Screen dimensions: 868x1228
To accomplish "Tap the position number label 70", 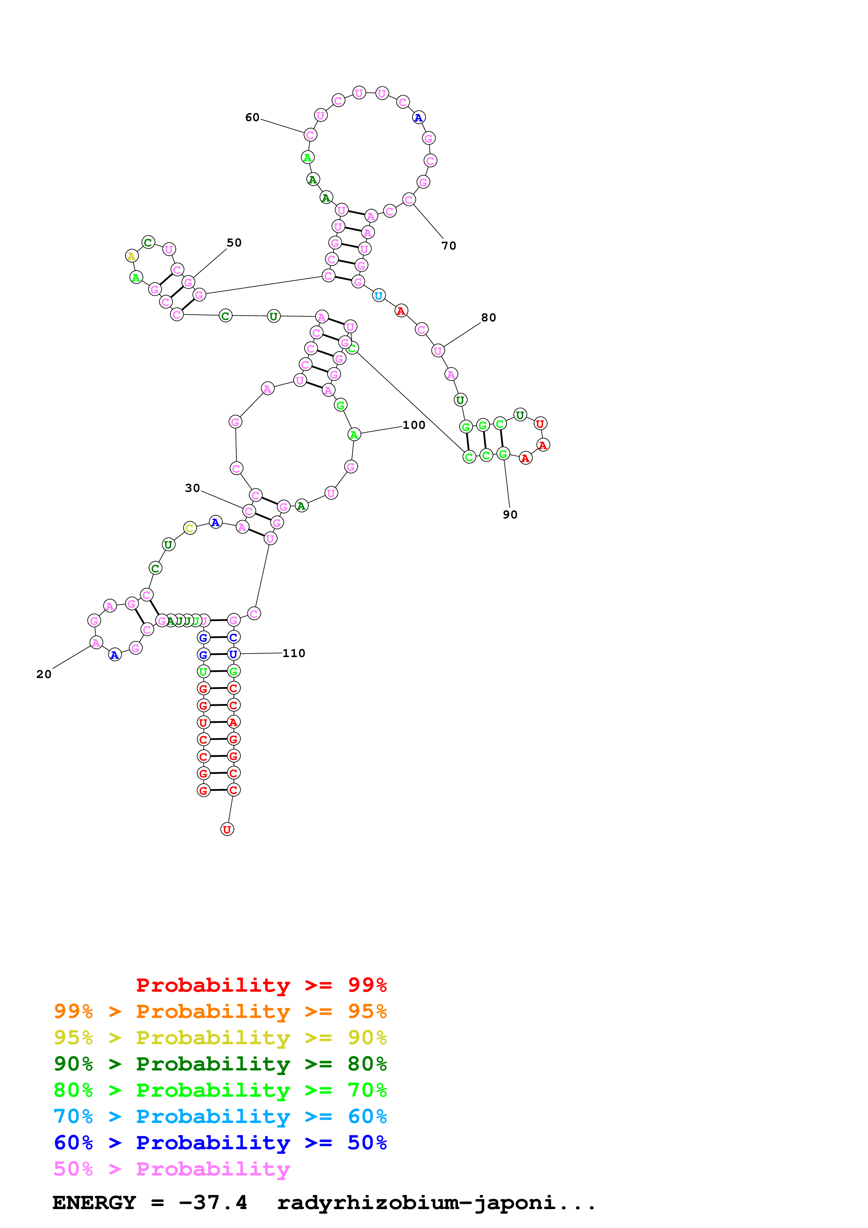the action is (x=449, y=246).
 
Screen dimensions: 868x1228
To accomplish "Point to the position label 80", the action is (x=488, y=318).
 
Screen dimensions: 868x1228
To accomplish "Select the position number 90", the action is (x=510, y=515).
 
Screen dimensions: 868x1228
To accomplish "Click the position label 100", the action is (x=414, y=425).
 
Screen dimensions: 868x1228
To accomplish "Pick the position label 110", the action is (x=294, y=653).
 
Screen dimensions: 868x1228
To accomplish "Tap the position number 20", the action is (x=44, y=675).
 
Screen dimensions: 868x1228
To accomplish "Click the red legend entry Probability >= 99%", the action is (x=261, y=985).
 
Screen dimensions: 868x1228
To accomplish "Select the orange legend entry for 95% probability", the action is (x=220, y=1011).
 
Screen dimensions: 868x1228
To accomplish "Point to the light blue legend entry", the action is (x=220, y=1116).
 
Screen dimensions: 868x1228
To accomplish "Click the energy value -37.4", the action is (x=213, y=1203).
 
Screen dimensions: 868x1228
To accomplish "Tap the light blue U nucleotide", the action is (x=379, y=296).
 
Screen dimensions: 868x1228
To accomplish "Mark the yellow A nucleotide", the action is (x=132, y=256).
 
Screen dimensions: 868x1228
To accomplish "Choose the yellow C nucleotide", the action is (x=190, y=529).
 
